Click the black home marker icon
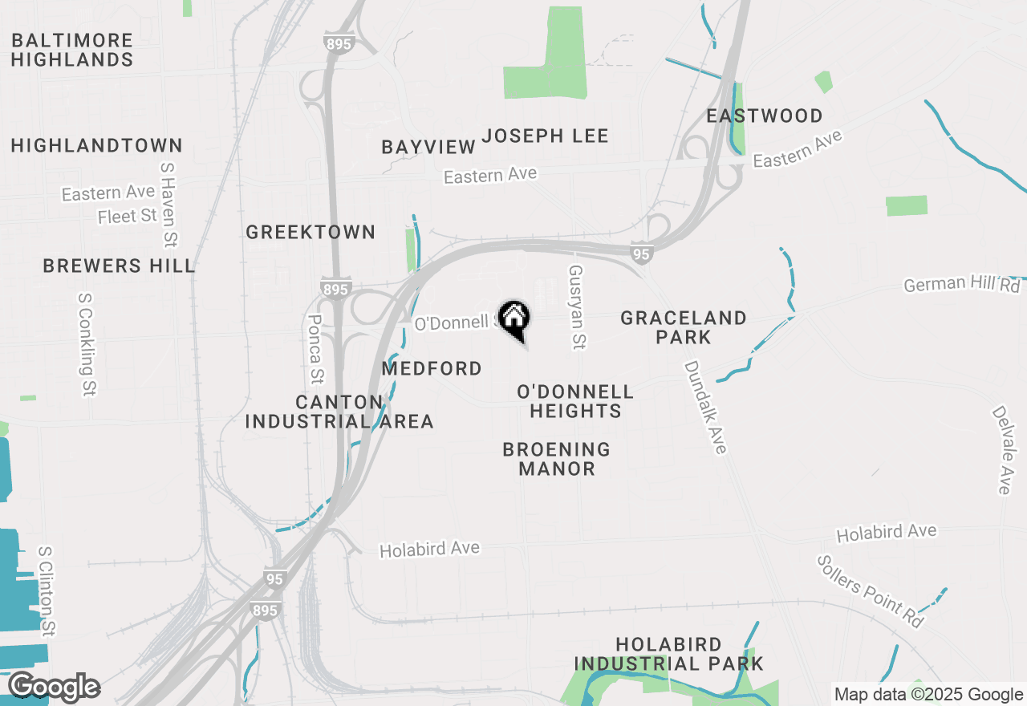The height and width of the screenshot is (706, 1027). [x=513, y=319]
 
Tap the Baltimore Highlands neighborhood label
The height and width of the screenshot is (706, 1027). [x=72, y=50]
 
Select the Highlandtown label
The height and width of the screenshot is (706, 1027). [x=97, y=145]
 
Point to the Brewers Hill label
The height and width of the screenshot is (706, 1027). [x=119, y=266]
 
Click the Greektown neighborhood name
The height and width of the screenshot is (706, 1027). [x=311, y=232]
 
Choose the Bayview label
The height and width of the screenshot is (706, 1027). [x=428, y=147]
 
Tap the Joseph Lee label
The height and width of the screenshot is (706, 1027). [x=546, y=136]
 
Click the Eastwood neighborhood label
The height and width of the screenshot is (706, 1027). [x=765, y=116]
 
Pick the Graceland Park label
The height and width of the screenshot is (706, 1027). [x=684, y=327]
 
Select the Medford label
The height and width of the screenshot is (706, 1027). [x=432, y=368]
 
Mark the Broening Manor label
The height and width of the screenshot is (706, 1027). [x=557, y=459]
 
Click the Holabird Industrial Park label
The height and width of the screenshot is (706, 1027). [x=669, y=654]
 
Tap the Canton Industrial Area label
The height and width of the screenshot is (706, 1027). [x=339, y=412]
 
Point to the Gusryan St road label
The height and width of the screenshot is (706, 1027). [x=576, y=307]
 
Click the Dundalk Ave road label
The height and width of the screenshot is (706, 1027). [x=705, y=407]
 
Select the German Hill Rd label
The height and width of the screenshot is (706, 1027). [x=961, y=284]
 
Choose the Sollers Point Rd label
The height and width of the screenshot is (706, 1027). [x=870, y=590]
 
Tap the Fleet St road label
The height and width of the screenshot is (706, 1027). [x=127, y=216]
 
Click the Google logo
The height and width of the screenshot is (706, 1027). [x=54, y=688]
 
